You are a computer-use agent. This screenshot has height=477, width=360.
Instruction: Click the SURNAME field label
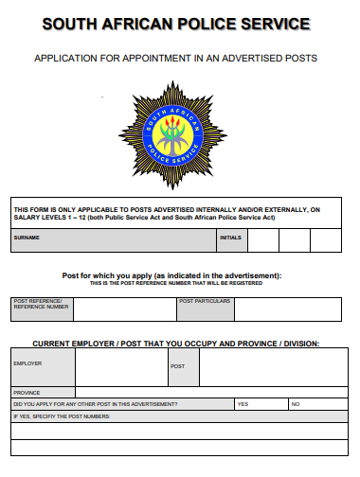click(x=27, y=238)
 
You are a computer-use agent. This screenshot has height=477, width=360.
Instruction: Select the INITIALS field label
click(x=230, y=238)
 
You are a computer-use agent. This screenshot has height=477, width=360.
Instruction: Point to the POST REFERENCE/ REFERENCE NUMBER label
click(x=41, y=304)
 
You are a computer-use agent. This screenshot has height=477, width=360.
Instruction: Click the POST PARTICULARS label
click(x=203, y=301)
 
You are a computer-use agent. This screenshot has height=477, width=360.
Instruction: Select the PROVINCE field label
click(x=27, y=392)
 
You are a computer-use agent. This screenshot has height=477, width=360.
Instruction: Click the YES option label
click(x=243, y=404)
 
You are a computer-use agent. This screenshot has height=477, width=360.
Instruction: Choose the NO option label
click(x=296, y=404)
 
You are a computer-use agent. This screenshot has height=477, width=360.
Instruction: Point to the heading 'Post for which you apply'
click(x=171, y=275)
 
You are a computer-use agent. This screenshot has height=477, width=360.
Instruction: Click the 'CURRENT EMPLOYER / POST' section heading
click(x=176, y=343)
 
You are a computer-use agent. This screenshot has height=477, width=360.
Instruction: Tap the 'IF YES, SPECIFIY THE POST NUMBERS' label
click(x=63, y=416)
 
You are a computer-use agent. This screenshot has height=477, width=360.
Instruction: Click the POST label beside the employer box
click(x=177, y=365)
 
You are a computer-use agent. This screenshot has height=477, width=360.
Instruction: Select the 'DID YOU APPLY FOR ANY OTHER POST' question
click(x=95, y=404)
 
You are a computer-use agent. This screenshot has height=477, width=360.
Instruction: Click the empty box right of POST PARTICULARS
click(x=283, y=309)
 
